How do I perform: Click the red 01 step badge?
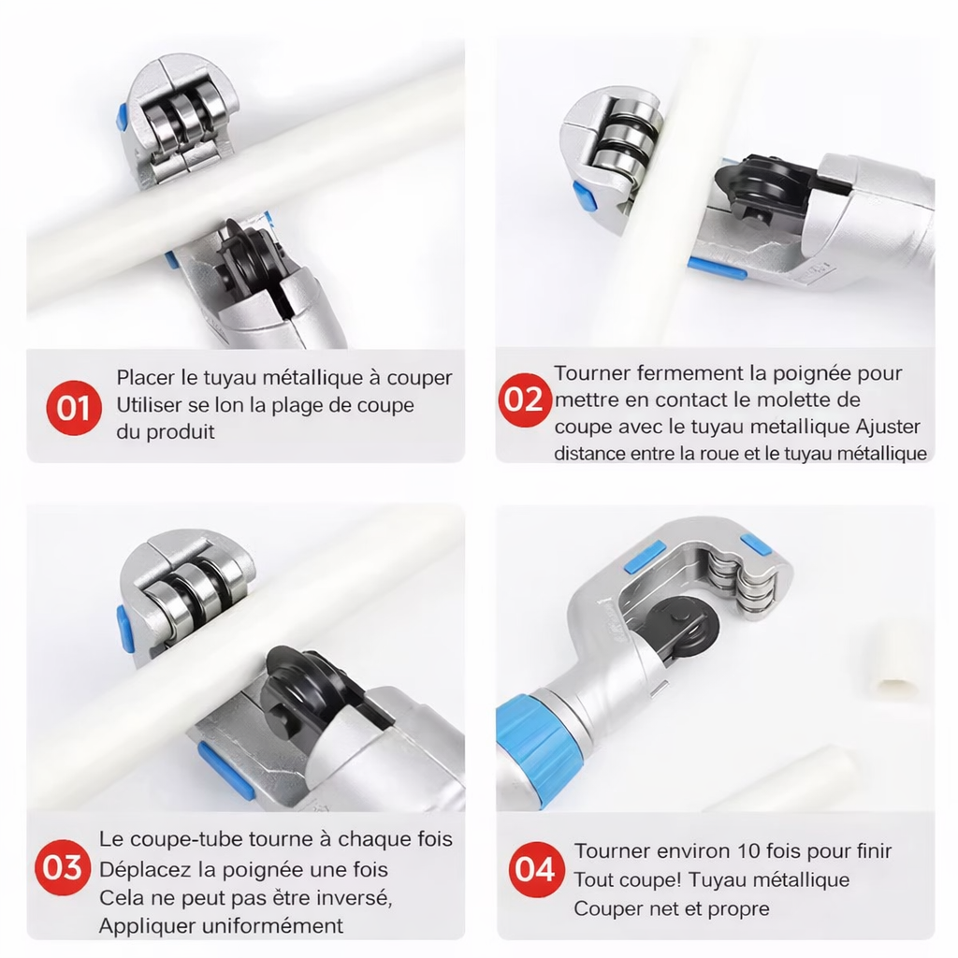[x=73, y=408]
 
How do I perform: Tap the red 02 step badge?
[x=523, y=400]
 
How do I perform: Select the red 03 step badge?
[x=63, y=867]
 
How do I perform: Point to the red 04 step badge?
[x=535, y=868]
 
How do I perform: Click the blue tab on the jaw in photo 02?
[x=585, y=196]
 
